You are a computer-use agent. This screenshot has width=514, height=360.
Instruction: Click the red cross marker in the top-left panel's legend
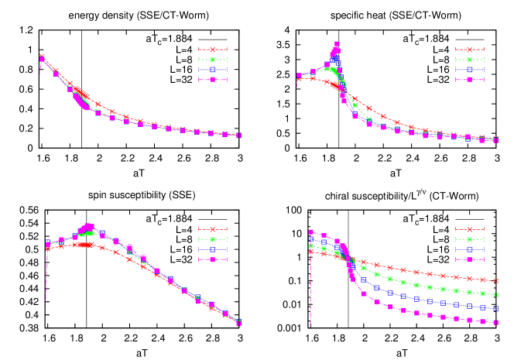[x=212, y=50]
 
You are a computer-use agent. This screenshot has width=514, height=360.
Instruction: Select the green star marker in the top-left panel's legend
[x=212, y=60]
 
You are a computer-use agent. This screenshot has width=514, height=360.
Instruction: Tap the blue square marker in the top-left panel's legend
[x=212, y=70]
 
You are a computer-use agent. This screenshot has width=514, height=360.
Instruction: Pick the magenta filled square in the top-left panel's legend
[x=212, y=79]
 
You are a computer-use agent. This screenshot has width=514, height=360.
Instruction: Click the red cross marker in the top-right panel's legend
[x=469, y=50]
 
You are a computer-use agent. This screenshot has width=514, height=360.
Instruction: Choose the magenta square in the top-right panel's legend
[x=469, y=79]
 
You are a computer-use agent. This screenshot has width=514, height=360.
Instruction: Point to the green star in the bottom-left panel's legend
[x=212, y=239]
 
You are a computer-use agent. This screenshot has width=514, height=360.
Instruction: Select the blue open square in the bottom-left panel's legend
[x=212, y=249]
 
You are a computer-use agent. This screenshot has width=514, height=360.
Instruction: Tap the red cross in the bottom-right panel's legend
[x=469, y=229]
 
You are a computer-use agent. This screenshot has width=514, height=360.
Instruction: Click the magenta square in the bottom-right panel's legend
[x=469, y=259]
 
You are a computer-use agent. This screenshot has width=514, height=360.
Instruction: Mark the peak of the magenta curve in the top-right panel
[x=337, y=45]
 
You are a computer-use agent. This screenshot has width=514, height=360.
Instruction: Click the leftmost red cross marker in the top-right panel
[x=299, y=78]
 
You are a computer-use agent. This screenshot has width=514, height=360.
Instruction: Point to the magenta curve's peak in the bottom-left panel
[x=87, y=226]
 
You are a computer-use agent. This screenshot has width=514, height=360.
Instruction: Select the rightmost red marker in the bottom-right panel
[x=495, y=280]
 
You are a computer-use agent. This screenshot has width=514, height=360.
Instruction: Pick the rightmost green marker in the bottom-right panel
[x=495, y=295]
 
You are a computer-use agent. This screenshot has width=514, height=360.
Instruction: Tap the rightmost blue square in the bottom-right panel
[x=495, y=308]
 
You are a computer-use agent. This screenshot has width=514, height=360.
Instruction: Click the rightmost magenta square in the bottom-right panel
[x=495, y=322]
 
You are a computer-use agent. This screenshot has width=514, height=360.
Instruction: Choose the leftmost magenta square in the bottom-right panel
[x=311, y=232]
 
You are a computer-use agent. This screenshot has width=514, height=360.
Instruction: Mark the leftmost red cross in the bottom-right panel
[x=311, y=252]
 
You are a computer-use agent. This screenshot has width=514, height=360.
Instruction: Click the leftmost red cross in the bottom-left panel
[x=48, y=249]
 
